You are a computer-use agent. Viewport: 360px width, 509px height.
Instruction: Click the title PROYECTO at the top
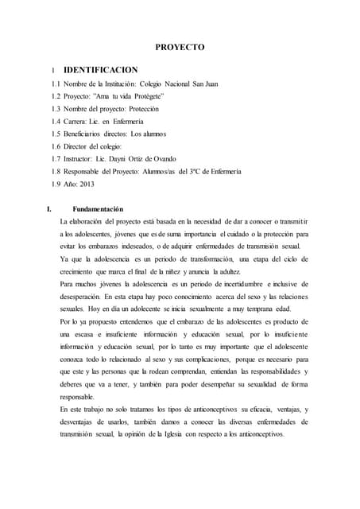[x=180, y=48]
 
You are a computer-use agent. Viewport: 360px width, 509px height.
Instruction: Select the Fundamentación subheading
[x=99, y=208]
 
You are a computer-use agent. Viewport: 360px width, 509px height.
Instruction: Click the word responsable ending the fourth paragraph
[x=78, y=396]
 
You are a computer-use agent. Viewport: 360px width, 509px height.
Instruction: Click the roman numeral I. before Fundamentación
[x=52, y=208]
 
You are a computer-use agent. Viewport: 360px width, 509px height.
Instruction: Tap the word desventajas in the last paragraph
[x=80, y=422]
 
